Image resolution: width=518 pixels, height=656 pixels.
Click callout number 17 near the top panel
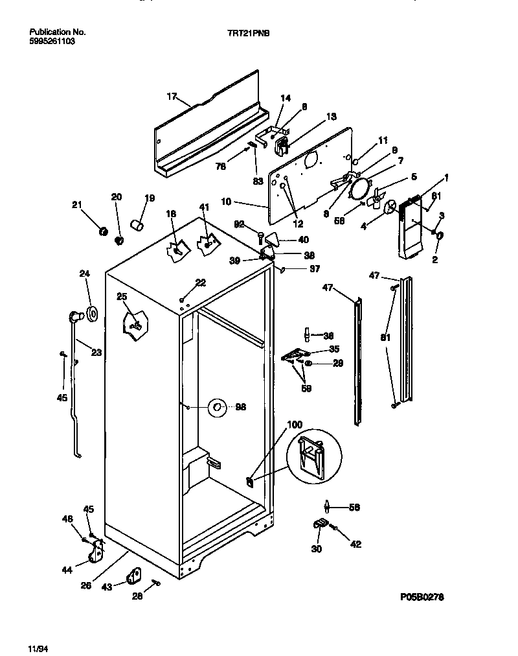(x=172, y=97)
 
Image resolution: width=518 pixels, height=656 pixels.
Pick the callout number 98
(x=241, y=407)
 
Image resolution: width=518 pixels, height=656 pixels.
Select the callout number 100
(x=294, y=425)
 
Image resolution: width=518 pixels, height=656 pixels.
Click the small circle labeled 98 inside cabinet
(x=216, y=408)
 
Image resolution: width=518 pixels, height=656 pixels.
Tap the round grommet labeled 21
(x=102, y=231)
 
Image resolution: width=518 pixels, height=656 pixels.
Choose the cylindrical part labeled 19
(x=137, y=224)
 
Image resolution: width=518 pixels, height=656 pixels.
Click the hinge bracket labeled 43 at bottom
(x=135, y=575)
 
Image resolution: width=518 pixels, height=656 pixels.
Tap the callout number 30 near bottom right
(x=317, y=549)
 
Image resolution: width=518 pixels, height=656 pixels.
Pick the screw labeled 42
(x=335, y=529)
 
